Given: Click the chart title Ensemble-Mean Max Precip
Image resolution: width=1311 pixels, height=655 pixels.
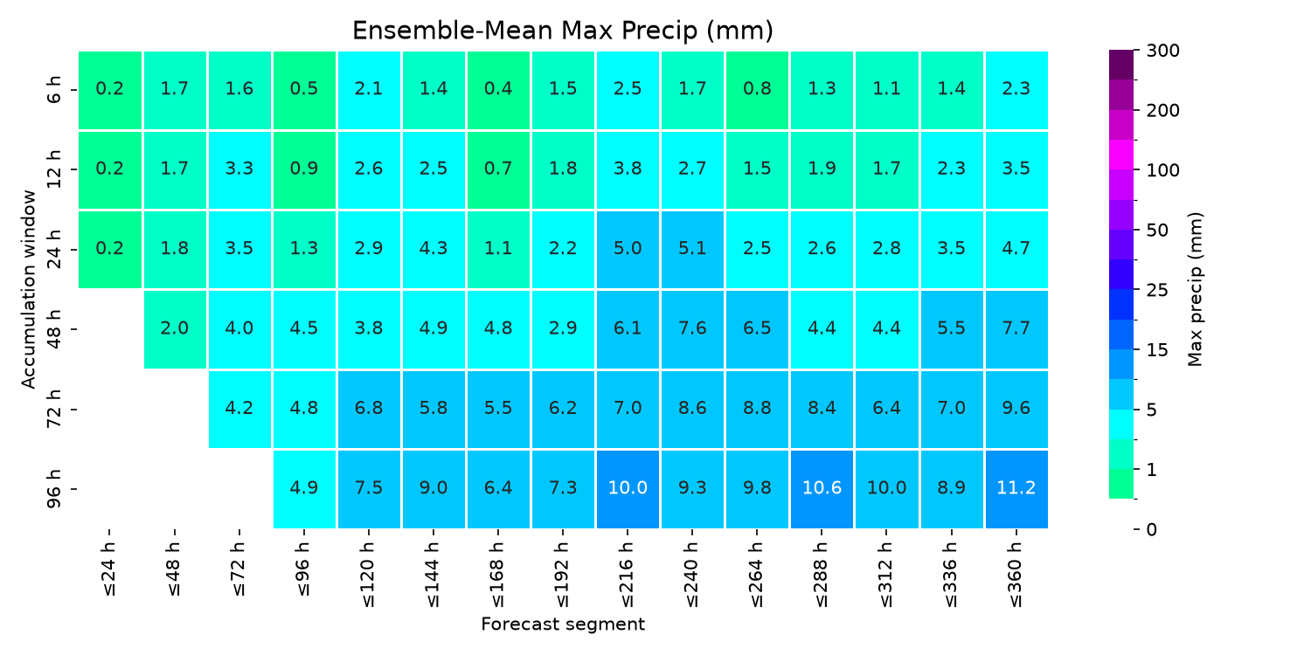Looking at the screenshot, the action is coord(563,31).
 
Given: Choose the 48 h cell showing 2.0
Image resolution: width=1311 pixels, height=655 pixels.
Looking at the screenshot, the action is coord(175,329).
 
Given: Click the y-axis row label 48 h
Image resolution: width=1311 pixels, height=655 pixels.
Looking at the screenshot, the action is coord(54,329).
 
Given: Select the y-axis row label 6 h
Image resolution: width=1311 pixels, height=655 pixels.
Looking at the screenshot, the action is coord(54,90).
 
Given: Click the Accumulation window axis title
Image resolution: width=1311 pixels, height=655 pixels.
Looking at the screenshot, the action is coord(28,289).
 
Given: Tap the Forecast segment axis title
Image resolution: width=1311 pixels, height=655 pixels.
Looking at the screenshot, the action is coord(563,624).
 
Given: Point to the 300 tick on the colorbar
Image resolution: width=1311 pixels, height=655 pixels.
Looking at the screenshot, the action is coord(1163,51).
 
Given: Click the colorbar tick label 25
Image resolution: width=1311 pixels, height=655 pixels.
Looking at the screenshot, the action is coord(1157,290).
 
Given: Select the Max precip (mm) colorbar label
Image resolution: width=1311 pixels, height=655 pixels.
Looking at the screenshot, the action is coord(1195,289).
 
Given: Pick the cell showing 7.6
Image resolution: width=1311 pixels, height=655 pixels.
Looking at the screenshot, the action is coord(692,329).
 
